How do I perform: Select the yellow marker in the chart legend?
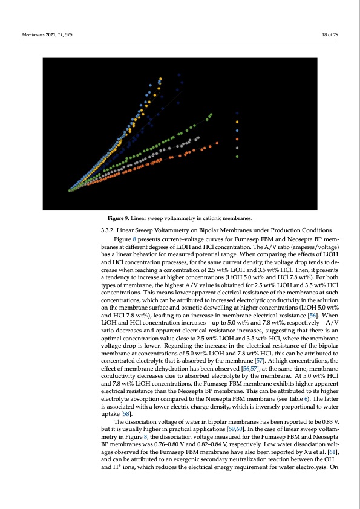(237, 122)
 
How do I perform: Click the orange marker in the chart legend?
(237, 139)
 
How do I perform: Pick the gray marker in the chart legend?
(237, 148)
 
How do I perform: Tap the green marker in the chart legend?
(237, 157)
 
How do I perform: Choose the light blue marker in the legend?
(237, 131)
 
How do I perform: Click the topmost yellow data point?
(160, 78)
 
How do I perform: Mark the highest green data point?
(211, 114)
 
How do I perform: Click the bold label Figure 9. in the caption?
(118, 218)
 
